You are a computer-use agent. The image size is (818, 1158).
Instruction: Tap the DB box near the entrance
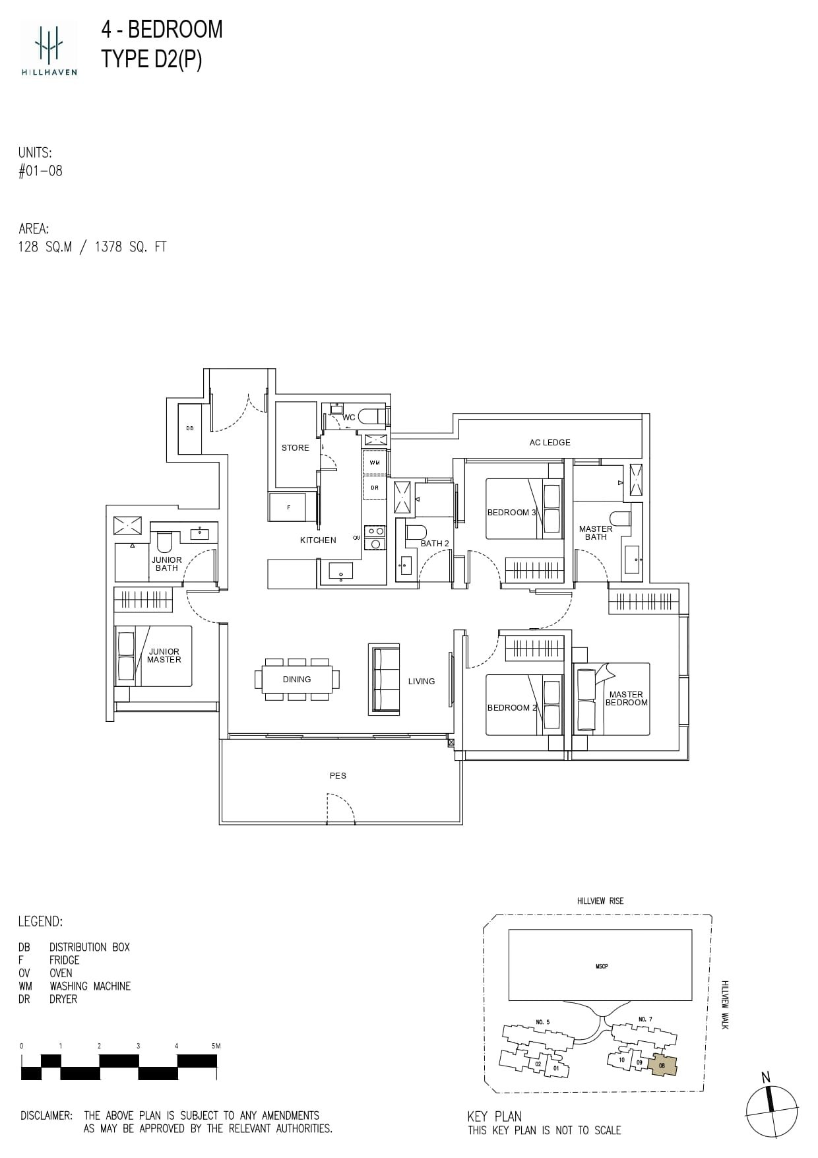point(189,429)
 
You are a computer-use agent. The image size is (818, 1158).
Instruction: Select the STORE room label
point(295,447)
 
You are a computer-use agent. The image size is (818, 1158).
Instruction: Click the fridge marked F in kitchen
point(289,507)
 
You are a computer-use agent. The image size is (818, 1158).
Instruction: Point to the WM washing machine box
point(374,463)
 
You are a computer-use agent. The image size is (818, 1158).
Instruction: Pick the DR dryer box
point(374,488)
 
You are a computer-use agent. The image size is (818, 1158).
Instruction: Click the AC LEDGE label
point(550,442)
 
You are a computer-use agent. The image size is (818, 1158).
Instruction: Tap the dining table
point(297,679)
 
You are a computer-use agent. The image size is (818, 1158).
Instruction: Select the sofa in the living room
point(384,680)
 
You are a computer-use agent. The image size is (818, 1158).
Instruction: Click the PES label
point(338,775)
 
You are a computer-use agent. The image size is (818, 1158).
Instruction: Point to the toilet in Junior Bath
point(165,542)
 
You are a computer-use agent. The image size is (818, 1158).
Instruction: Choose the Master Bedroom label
point(626,698)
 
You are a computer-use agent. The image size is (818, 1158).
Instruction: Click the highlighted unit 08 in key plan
point(662,1064)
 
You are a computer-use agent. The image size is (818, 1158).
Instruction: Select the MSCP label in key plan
point(601,966)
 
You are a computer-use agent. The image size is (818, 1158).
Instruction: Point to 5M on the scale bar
point(215,1046)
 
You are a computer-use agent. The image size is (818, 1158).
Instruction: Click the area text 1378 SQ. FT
point(131,247)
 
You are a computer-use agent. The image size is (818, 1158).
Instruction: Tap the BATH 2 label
point(435,543)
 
